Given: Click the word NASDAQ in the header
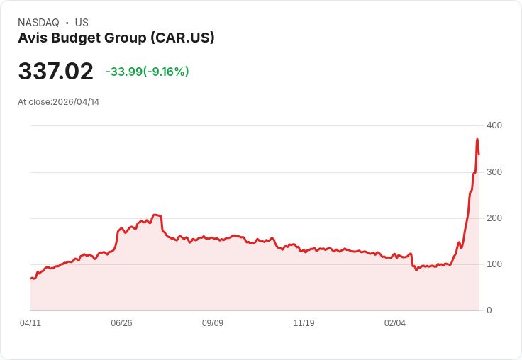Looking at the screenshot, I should [x=38, y=23].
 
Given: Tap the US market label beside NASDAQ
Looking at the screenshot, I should [x=82, y=23].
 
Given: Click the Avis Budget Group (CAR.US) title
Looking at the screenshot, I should [x=116, y=38].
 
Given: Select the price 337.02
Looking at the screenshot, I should [x=55, y=72].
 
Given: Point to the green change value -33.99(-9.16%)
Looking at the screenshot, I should [x=147, y=72].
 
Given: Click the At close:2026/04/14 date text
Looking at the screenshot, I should [x=59, y=102].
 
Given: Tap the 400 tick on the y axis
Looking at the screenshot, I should [x=494, y=125].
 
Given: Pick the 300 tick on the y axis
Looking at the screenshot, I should [x=494, y=172].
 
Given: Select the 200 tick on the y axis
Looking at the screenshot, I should [x=494, y=218].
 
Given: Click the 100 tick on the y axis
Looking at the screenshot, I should [x=494, y=264].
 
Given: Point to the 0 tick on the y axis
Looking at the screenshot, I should [x=489, y=310].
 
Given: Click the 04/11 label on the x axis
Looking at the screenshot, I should [x=30, y=323].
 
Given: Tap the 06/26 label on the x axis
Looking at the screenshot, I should [x=121, y=323].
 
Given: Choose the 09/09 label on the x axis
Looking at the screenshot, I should [x=213, y=323].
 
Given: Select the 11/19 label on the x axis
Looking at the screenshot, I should [x=304, y=323].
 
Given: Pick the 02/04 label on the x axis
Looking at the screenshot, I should [x=395, y=323].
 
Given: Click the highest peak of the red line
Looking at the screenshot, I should [x=477, y=139].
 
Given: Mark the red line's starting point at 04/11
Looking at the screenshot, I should [x=31, y=278].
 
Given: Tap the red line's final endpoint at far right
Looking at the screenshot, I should [x=479, y=154].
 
